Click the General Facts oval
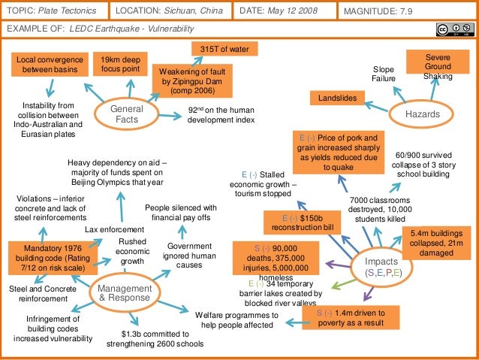pyautogui.click(x=121, y=113)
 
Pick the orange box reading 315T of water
pyautogui.click(x=224, y=49)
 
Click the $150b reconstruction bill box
pyautogui.click(x=302, y=223)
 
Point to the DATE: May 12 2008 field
pyautogui.click(x=283, y=11)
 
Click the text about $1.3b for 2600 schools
pyautogui.click(x=156, y=338)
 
